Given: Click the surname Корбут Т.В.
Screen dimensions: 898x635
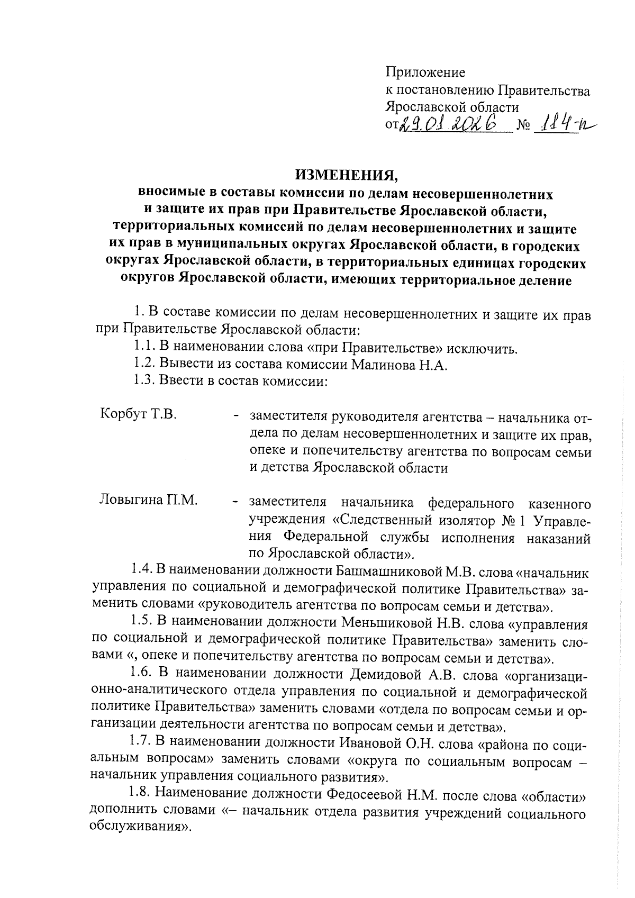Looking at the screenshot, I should tap(138, 413).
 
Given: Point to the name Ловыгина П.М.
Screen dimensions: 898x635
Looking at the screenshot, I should tap(149, 500).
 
